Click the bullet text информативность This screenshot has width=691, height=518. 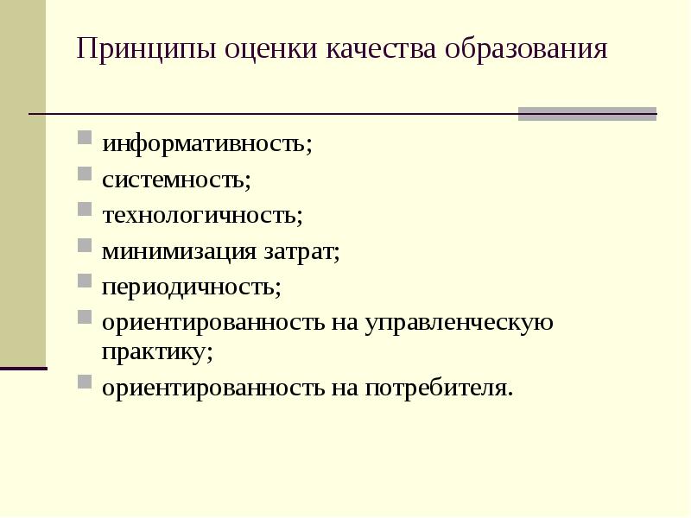click(x=219, y=144)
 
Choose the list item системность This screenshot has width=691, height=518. click(x=176, y=180)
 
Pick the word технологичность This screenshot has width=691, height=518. click(x=202, y=216)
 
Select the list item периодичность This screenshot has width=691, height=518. click(x=192, y=287)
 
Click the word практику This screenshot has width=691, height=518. click(x=157, y=351)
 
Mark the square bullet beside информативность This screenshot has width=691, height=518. click(x=85, y=138)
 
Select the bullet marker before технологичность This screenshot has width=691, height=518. click(x=85, y=209)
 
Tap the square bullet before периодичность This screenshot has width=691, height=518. click(x=85, y=281)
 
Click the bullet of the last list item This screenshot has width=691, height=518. click(x=85, y=381)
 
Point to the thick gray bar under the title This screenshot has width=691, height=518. click(x=587, y=114)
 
